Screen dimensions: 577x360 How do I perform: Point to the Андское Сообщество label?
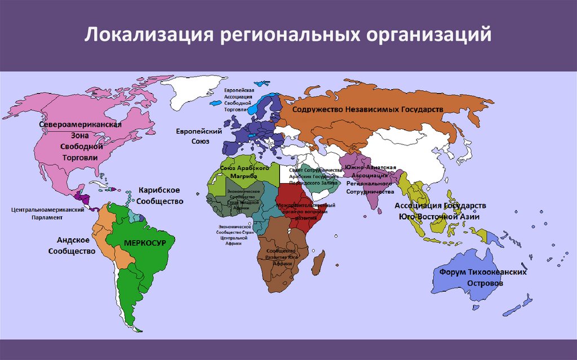pos(72,245)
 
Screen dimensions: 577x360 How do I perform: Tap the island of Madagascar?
pos(318,263)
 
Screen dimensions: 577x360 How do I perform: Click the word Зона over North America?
pos(79,135)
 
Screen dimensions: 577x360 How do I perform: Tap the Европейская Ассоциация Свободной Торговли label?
pos(236,100)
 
